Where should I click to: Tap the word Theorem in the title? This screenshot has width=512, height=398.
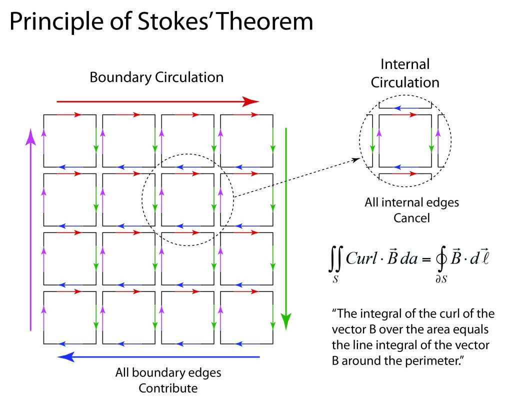click(267, 22)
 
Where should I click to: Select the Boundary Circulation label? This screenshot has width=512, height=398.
click(156, 77)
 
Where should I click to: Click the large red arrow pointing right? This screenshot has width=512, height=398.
click(157, 101)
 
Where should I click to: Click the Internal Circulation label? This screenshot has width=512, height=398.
click(405, 73)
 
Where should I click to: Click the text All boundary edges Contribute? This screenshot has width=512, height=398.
click(168, 380)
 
